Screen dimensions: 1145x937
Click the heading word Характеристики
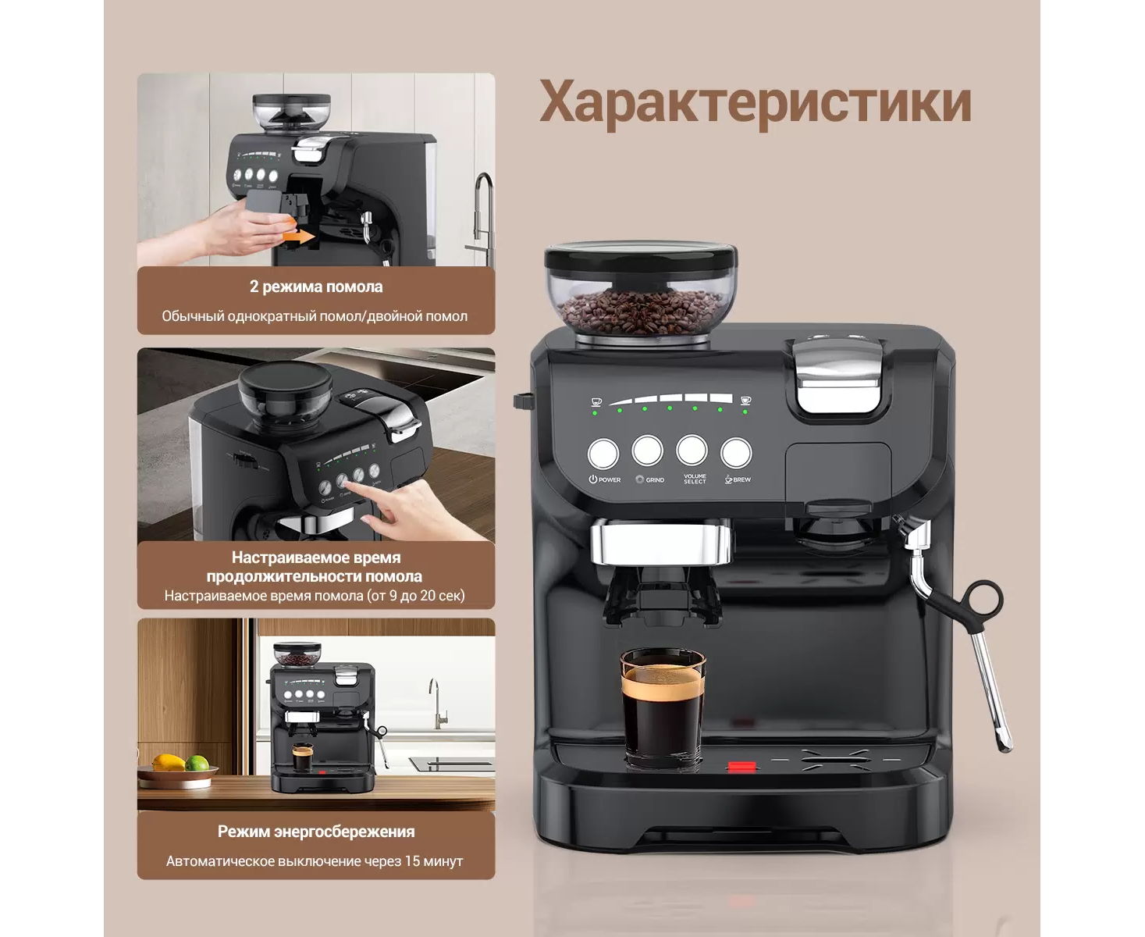[x=755, y=103]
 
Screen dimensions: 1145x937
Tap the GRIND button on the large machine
[x=647, y=451]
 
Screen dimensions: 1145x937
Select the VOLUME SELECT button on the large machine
[x=692, y=451]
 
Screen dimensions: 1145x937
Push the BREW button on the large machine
[x=736, y=452]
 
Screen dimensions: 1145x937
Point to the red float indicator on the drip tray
[x=741, y=767]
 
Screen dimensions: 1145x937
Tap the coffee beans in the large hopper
[x=641, y=312]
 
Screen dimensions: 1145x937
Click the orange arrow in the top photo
[x=298, y=236]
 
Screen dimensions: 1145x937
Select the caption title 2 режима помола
[x=316, y=287]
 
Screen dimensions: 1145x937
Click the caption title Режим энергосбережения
[x=316, y=831]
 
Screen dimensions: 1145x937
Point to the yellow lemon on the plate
[x=169, y=762]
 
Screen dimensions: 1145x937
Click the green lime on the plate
[x=197, y=763]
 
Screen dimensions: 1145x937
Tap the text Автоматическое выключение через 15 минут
[x=315, y=861]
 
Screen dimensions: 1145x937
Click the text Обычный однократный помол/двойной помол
[x=315, y=316]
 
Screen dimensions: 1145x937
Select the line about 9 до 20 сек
[x=315, y=595]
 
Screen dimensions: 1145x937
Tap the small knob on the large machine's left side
[x=522, y=401]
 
